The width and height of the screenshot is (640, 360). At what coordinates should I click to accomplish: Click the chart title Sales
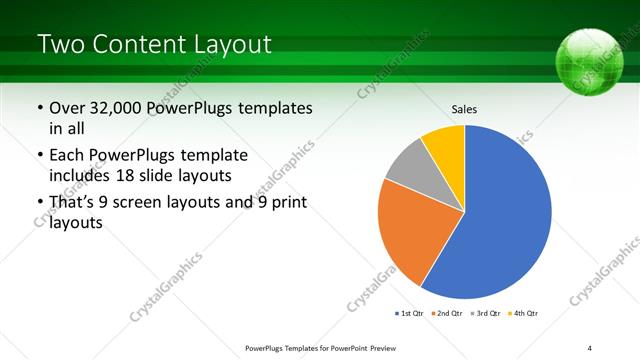464,108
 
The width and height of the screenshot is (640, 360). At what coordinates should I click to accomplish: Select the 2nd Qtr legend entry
445,313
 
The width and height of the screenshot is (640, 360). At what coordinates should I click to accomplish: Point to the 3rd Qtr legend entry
486,313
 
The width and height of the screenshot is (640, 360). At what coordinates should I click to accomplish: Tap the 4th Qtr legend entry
524,313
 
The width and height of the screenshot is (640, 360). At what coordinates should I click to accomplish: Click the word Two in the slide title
61,44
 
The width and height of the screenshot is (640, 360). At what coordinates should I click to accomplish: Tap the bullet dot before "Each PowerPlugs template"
39,157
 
